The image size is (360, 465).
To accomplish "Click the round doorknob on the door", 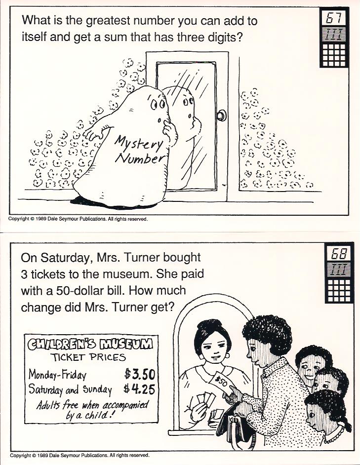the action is click(221, 116).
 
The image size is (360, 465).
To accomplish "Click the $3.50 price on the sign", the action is click(139, 374).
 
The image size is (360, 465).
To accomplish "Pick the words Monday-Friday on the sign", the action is click(57, 375).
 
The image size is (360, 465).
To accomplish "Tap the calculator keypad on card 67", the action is click(334, 55).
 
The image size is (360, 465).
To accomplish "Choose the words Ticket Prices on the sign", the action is click(88, 357).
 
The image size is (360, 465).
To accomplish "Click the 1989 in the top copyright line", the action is click(40, 219).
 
